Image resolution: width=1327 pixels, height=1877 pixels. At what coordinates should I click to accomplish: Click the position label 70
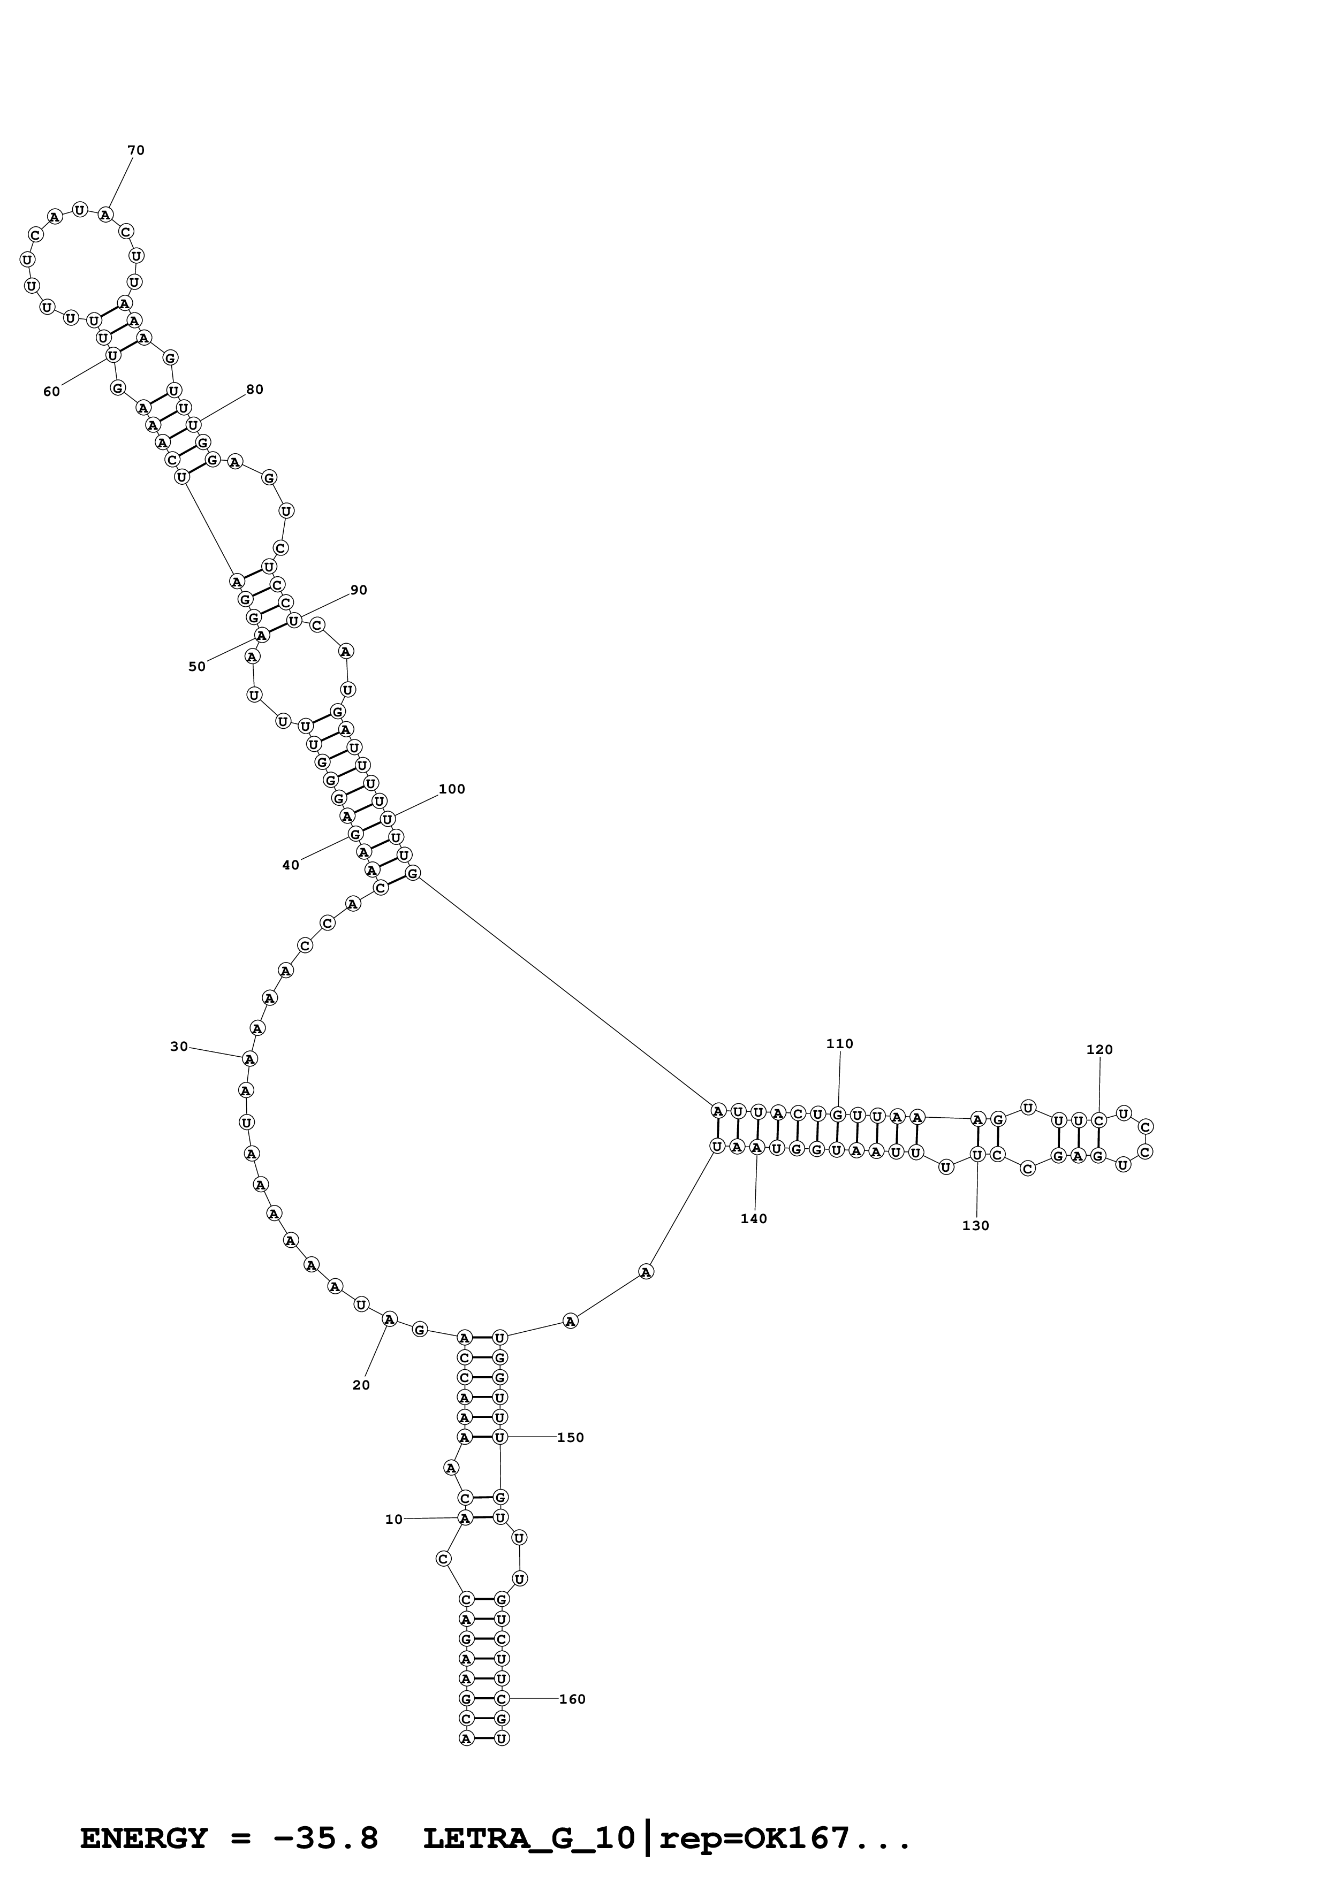click(x=136, y=150)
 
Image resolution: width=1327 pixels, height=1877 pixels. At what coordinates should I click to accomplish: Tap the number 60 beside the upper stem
click(x=51, y=392)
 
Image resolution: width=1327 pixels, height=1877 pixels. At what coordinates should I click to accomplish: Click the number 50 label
click(x=197, y=666)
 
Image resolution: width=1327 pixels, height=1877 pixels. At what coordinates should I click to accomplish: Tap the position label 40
click(x=290, y=865)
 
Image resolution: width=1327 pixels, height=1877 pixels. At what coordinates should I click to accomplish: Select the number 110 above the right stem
click(x=840, y=1044)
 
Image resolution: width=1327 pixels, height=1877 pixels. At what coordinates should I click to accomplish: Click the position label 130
click(x=975, y=1225)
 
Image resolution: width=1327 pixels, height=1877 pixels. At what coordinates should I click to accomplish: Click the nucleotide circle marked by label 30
click(x=250, y=1059)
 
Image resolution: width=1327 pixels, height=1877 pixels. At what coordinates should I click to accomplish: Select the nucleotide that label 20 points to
click(x=390, y=1318)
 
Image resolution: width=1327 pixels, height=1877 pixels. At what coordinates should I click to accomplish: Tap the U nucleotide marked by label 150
click(x=501, y=1436)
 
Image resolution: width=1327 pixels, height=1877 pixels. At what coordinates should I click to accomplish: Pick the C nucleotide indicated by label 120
click(x=1099, y=1120)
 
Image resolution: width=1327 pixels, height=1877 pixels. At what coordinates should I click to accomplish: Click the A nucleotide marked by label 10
click(x=465, y=1517)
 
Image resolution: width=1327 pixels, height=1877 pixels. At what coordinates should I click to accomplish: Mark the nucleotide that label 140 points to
click(x=757, y=1148)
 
